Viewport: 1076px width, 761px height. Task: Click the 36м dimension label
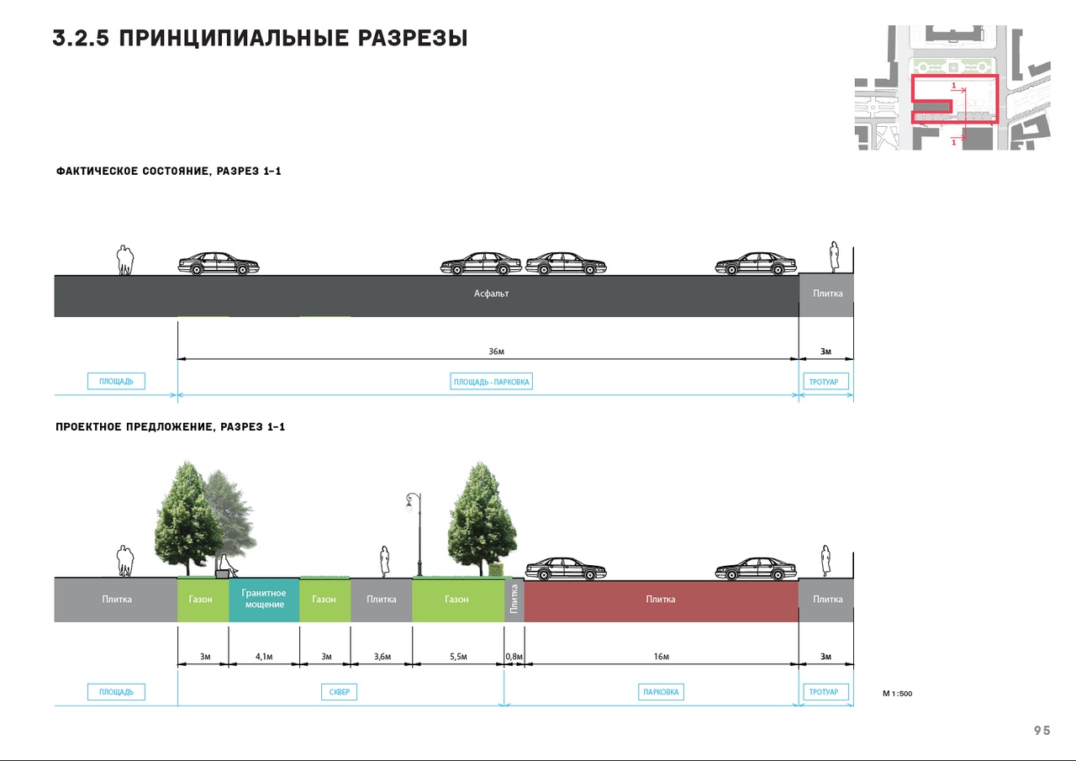(496, 351)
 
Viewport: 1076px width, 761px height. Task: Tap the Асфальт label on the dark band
(491, 293)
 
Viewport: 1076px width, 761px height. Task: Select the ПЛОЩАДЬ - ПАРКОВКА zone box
(492, 382)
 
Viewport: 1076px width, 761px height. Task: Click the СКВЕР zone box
(339, 692)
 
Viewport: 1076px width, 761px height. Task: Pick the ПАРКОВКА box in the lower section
(661, 692)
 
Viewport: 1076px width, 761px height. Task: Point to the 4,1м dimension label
(264, 656)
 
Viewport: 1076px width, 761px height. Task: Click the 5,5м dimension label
(458, 656)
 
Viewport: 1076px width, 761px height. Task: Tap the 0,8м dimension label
(514, 656)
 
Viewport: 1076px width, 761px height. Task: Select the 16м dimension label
(661, 656)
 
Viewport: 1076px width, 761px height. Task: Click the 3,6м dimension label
(382, 656)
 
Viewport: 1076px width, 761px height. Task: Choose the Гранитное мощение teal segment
(264, 600)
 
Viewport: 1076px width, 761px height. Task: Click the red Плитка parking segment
(661, 601)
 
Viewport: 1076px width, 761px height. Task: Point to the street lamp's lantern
(409, 503)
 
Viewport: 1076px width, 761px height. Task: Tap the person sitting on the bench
(227, 566)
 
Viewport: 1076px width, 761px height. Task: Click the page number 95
(1042, 731)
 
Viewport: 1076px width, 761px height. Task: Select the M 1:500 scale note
(897, 693)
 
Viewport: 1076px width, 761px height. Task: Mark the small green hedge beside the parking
(496, 570)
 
